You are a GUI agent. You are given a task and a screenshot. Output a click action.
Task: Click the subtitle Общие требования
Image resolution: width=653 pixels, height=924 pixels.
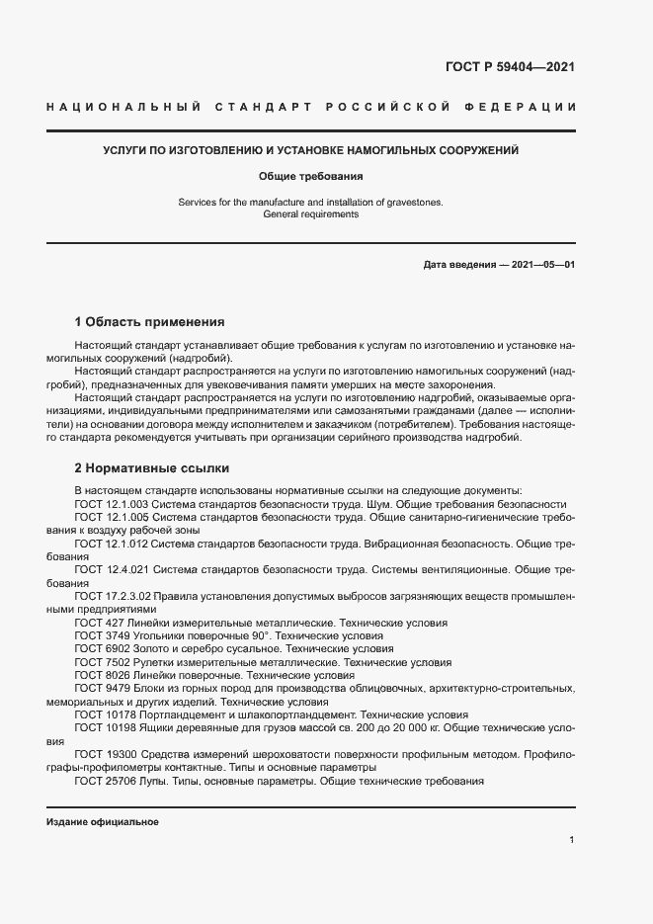click(x=311, y=177)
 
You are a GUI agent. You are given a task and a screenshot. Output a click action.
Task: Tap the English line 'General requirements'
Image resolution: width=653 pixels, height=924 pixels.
click(x=311, y=214)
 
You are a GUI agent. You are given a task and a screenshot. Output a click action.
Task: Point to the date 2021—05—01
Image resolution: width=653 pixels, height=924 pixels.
click(x=540, y=266)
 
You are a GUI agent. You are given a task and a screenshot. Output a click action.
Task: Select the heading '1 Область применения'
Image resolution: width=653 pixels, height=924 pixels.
click(x=149, y=322)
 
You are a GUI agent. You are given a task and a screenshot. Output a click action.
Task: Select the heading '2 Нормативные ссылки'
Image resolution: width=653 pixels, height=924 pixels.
click(x=152, y=467)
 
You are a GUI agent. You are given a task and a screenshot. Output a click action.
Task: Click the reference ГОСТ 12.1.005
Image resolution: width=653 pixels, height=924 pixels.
click(x=111, y=517)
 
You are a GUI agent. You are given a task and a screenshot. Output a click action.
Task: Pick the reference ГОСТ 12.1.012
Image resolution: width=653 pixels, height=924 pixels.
click(x=111, y=544)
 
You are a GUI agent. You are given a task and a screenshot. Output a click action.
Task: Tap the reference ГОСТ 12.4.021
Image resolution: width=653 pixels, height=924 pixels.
click(x=111, y=570)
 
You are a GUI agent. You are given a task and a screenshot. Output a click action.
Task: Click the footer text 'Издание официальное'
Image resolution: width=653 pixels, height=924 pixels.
click(x=102, y=822)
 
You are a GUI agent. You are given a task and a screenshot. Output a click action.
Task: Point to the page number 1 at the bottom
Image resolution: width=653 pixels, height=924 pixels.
click(x=572, y=840)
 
